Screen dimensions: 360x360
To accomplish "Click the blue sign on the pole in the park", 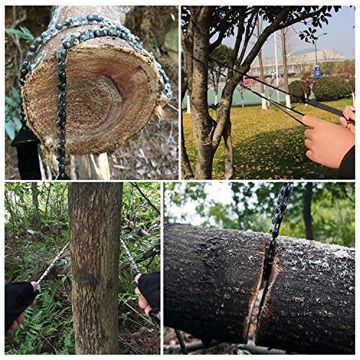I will click(317, 71).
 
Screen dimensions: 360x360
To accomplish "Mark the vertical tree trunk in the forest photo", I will click(95, 266).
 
